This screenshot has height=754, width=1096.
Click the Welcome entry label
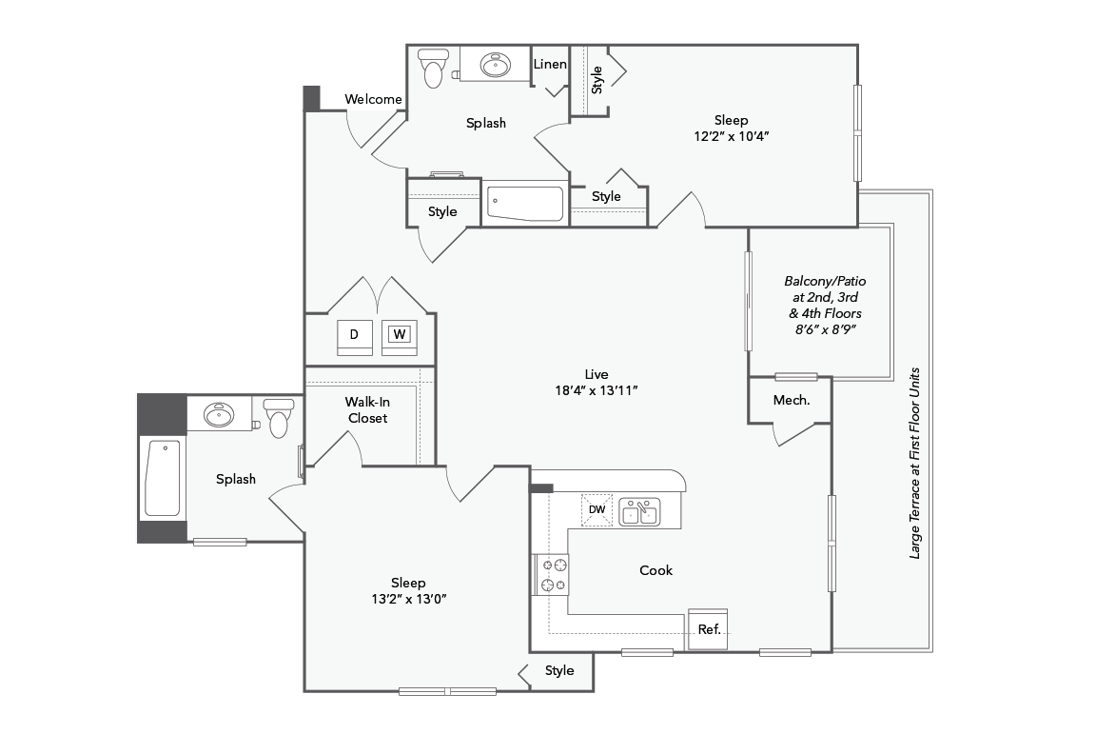click(373, 99)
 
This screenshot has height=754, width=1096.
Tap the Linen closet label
click(550, 64)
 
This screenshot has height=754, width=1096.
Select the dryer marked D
click(354, 336)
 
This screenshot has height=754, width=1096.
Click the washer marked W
click(400, 336)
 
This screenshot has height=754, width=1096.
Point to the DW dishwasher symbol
click(597, 510)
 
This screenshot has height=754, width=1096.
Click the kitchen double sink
click(639, 512)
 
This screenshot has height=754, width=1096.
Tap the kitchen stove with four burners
click(551, 574)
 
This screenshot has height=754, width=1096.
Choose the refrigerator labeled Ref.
click(708, 628)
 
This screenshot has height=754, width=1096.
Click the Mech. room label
click(792, 400)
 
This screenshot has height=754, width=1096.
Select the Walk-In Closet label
click(367, 410)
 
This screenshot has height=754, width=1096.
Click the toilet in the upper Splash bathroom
click(433, 68)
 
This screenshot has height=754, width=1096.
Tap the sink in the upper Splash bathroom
click(496, 65)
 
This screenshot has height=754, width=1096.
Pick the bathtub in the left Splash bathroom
click(162, 478)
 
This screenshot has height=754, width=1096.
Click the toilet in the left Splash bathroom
click(279, 418)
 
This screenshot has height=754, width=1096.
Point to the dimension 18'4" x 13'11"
click(597, 391)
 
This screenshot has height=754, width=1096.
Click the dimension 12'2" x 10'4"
click(731, 136)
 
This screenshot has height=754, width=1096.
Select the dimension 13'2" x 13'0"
click(409, 599)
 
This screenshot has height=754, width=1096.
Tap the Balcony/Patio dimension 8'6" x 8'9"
click(825, 329)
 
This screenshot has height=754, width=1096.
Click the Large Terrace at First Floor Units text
click(914, 463)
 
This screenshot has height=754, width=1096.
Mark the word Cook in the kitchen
click(656, 570)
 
